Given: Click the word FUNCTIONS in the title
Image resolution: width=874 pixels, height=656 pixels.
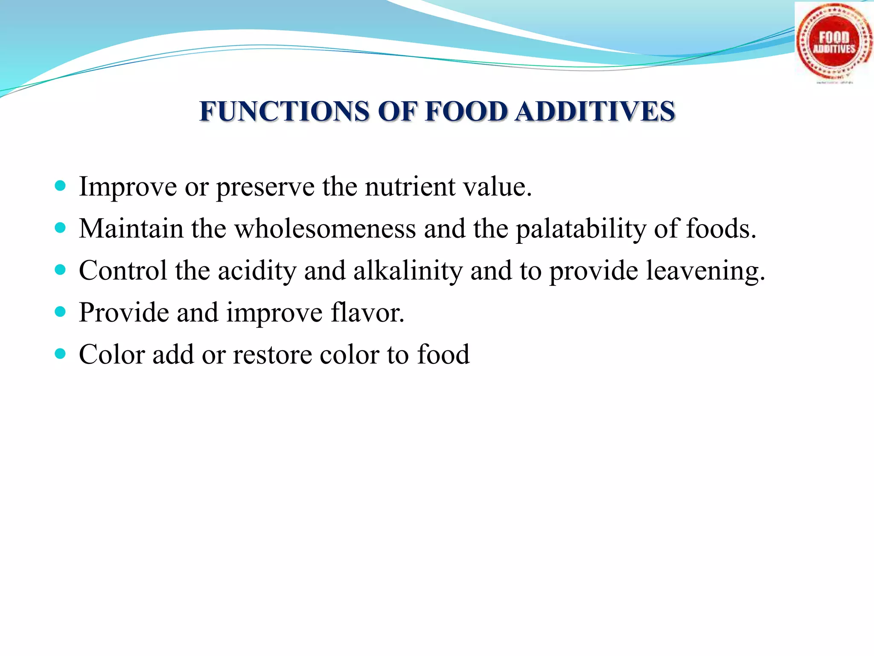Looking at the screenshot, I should coord(284,112).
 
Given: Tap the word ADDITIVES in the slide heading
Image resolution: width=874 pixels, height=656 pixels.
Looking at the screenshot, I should coord(595,112).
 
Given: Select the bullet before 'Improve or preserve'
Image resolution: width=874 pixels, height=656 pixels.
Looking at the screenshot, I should coord(61,186).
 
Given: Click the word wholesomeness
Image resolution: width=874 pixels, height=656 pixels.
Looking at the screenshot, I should coord(325,229).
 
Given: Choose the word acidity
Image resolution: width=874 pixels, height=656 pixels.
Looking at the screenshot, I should coord(257,271).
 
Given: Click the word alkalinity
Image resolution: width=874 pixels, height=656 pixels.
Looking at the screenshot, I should coord(408,271).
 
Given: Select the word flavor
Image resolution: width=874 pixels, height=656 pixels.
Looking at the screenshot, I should coord(367,313).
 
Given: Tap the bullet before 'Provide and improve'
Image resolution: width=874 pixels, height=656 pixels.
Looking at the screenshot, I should coord(61,312).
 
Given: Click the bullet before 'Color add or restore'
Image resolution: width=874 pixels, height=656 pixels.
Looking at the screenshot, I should coord(61,354).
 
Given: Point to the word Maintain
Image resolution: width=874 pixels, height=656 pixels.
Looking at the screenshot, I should coord(131,229).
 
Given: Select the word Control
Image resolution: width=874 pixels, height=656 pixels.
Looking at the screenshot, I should coord(123,271).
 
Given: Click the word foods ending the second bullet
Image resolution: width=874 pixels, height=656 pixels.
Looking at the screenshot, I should coord(721,229).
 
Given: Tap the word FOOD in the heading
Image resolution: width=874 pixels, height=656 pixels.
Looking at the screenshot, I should coord(466,112).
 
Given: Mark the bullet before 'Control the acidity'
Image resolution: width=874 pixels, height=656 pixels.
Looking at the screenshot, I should coord(61,270).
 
